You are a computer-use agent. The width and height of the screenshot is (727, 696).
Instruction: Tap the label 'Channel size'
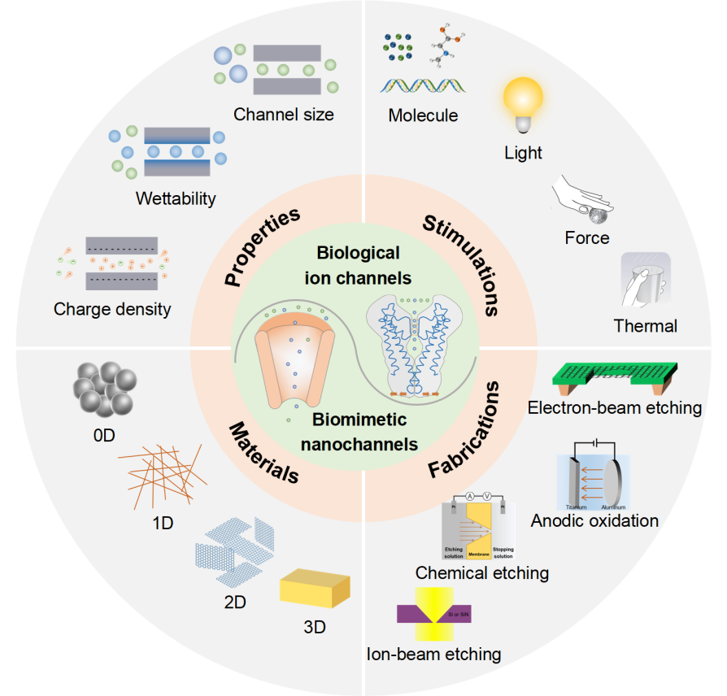(x=283, y=115)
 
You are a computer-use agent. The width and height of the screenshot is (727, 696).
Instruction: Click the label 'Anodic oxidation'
(x=594, y=520)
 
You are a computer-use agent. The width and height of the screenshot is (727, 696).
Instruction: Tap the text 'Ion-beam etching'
(x=433, y=653)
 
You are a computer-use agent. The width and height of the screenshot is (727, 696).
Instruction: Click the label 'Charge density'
(x=112, y=309)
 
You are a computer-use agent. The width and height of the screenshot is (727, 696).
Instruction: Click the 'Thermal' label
(x=646, y=326)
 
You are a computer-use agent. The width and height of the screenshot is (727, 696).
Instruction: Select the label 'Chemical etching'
(x=482, y=573)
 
